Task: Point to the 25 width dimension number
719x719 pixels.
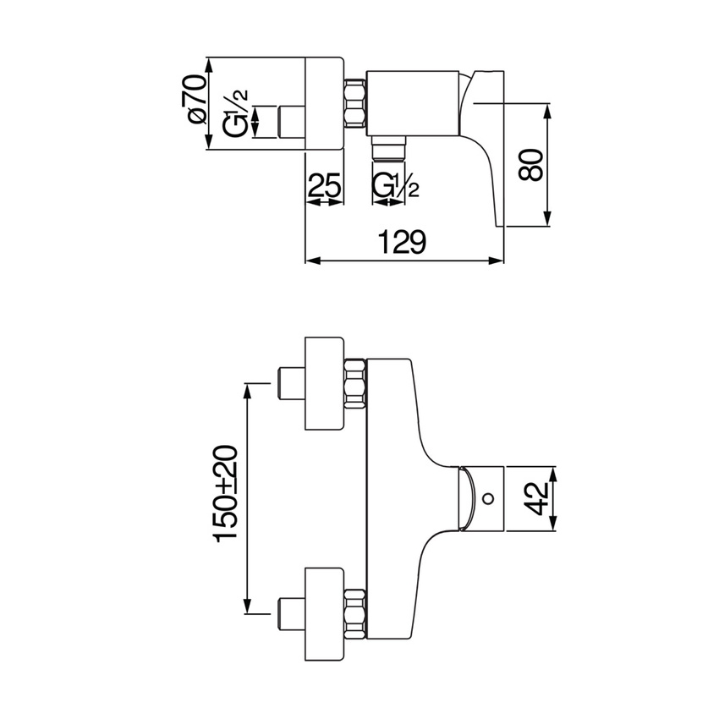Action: click(324, 184)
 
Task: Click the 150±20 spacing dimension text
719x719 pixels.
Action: click(227, 494)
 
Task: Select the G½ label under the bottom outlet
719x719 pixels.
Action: click(395, 184)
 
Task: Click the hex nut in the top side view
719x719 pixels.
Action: click(354, 103)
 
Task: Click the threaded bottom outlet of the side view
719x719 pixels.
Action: click(389, 148)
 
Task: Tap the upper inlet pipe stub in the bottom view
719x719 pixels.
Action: click(292, 382)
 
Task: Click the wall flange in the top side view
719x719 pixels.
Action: click(324, 103)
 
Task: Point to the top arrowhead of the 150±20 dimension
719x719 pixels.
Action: click(248, 388)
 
